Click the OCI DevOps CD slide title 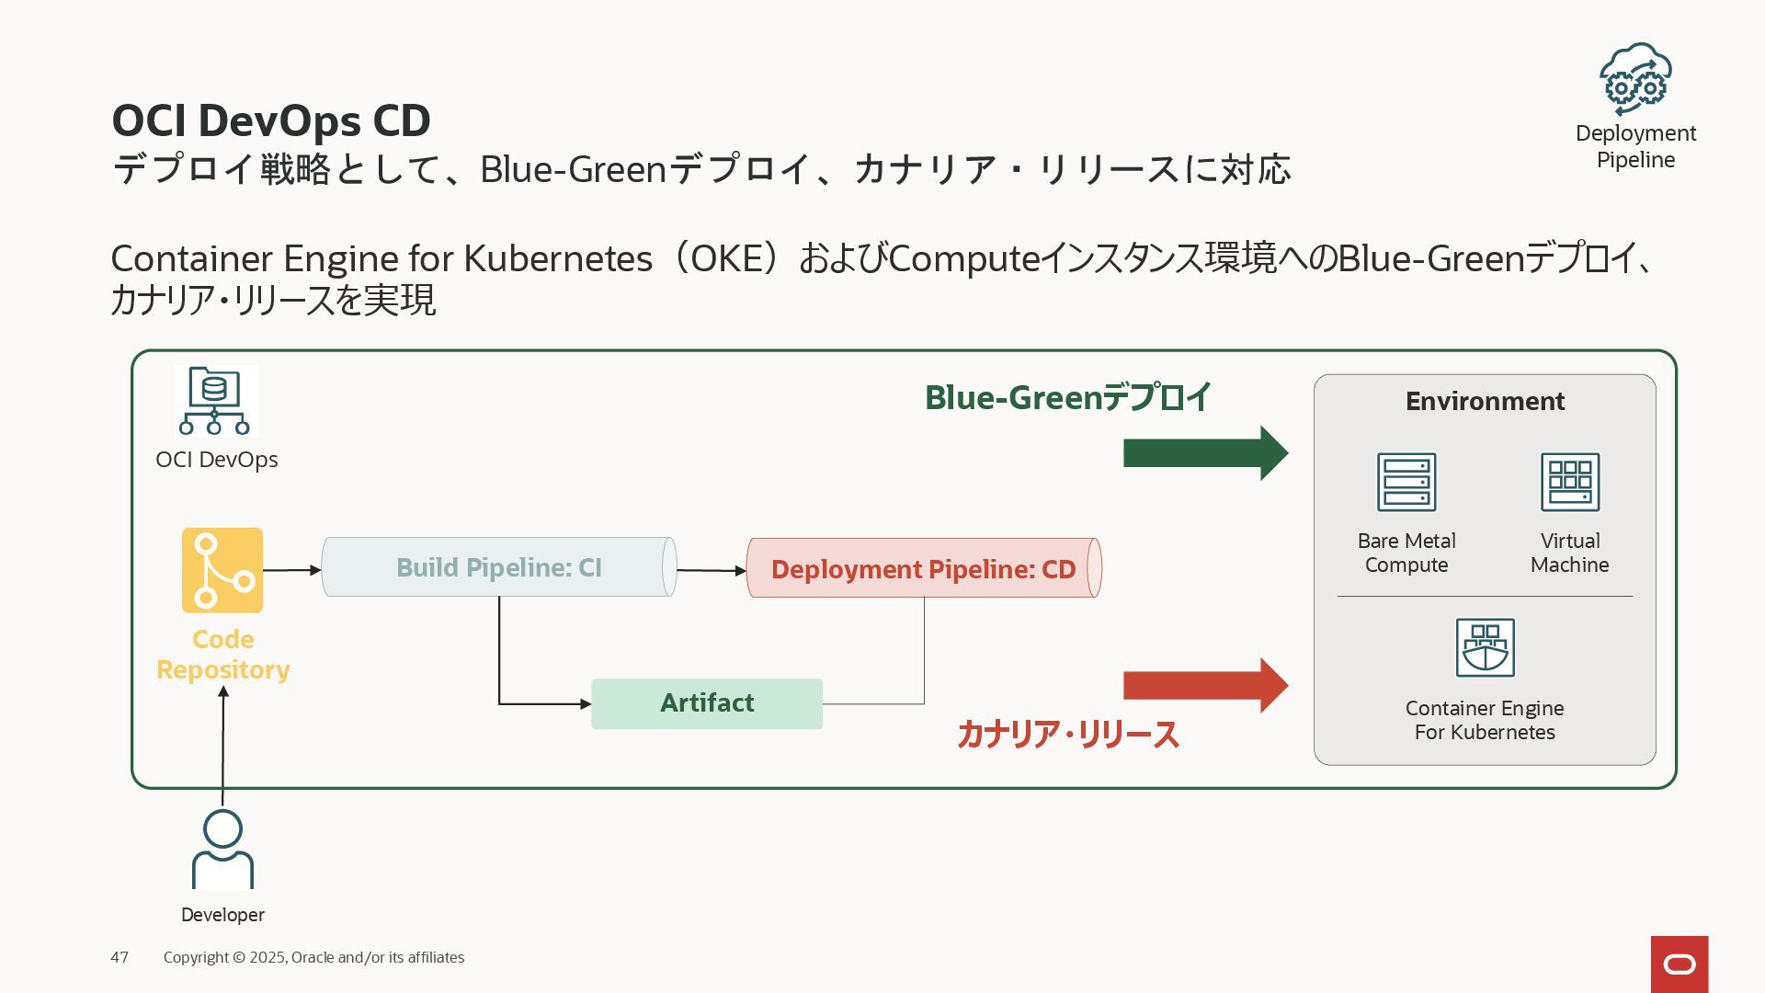tap(271, 120)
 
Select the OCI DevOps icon tap(216, 401)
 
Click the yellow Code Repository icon tap(222, 570)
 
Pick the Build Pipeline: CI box tap(499, 567)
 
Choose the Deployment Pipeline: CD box tap(924, 568)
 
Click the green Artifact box tap(707, 703)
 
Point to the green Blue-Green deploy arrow tap(1204, 452)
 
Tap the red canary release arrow tap(1204, 685)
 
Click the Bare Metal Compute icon tap(1406, 482)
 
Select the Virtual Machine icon tap(1570, 482)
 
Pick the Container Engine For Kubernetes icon tap(1485, 647)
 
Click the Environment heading tap(1485, 401)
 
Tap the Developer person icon tap(222, 849)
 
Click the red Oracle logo tap(1680, 964)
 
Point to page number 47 tap(120, 957)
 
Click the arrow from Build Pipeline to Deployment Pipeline tap(712, 570)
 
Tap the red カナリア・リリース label tap(1068, 734)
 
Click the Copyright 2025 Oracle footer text tap(313, 957)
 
